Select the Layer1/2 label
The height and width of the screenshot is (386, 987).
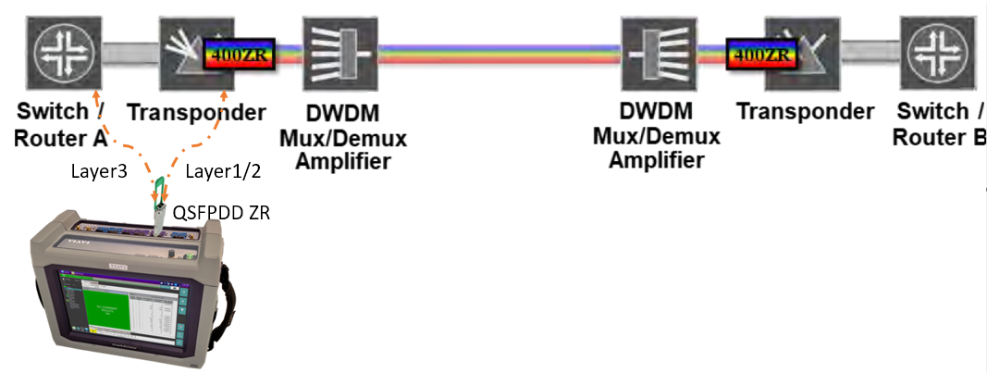tap(216, 171)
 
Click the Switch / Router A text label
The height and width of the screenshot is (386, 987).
tap(61, 125)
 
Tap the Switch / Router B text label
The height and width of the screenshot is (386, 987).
tap(939, 125)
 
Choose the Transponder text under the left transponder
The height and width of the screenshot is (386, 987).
tap(196, 113)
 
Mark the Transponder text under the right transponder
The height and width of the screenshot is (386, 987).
tap(805, 112)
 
